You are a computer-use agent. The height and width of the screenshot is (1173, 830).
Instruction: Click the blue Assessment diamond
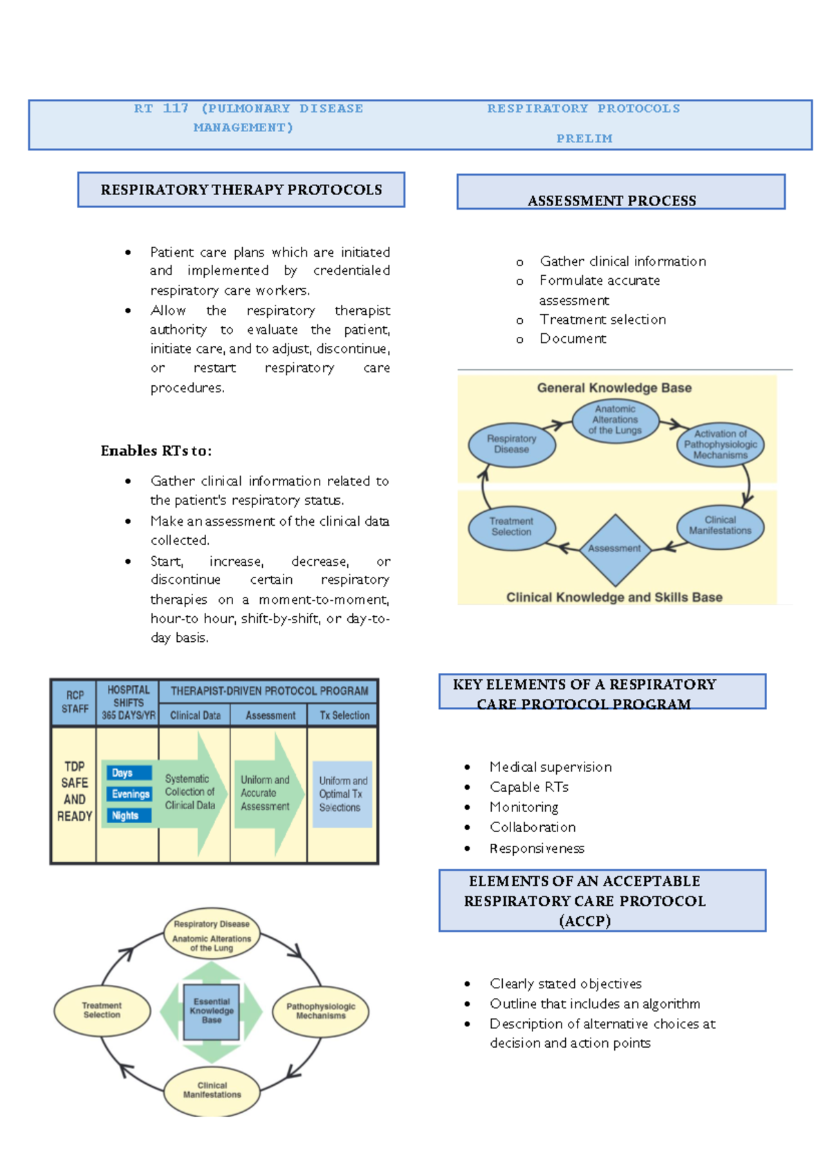coord(615,549)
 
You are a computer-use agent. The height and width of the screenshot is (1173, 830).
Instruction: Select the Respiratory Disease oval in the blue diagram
coord(512,445)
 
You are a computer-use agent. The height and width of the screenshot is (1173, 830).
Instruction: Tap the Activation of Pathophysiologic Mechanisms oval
coord(720,445)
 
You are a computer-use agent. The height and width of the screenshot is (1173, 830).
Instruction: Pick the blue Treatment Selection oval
coord(512,527)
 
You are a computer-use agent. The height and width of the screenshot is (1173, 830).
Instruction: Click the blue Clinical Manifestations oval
coord(720,526)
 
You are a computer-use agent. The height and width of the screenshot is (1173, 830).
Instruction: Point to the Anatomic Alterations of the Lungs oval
coord(615,420)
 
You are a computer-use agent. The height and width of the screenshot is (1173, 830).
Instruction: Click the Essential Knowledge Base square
coord(212,1011)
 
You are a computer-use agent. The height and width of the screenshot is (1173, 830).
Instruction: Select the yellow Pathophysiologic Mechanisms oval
coord(321,1011)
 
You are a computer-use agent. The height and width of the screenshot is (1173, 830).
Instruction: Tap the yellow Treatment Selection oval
coord(102,1010)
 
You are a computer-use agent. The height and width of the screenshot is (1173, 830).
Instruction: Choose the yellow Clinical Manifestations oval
coord(212,1090)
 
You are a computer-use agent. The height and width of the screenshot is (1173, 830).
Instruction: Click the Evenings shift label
coord(130,794)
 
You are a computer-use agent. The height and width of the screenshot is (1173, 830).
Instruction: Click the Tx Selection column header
coord(344,715)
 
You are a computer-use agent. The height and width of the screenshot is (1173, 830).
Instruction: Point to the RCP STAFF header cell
coord(74,702)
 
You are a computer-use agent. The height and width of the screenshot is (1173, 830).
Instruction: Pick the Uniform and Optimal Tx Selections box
coord(342,794)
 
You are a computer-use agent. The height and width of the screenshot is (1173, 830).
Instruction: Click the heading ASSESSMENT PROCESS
coord(612,201)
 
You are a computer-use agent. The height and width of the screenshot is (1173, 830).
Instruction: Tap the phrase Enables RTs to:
coord(156,451)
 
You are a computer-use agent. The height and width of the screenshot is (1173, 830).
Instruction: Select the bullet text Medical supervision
coord(551,767)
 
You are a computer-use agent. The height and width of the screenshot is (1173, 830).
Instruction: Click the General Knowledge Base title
coord(614,388)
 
